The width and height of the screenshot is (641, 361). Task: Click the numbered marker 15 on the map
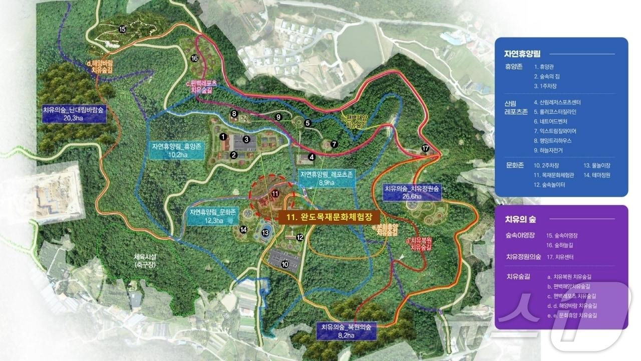click(122, 30)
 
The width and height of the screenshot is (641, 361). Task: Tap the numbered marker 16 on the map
click(195, 58)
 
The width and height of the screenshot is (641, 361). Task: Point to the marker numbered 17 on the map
click(425, 148)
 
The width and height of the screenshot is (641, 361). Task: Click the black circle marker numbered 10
click(285, 264)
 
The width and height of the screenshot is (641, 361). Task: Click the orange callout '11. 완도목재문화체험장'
click(328, 218)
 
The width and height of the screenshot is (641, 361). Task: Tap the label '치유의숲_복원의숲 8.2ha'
click(347, 331)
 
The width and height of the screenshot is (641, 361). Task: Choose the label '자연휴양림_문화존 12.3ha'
click(212, 216)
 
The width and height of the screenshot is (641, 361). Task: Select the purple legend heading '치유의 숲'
click(524, 219)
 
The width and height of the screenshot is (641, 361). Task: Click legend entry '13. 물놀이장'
click(597, 165)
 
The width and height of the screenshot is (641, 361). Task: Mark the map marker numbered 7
click(334, 144)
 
